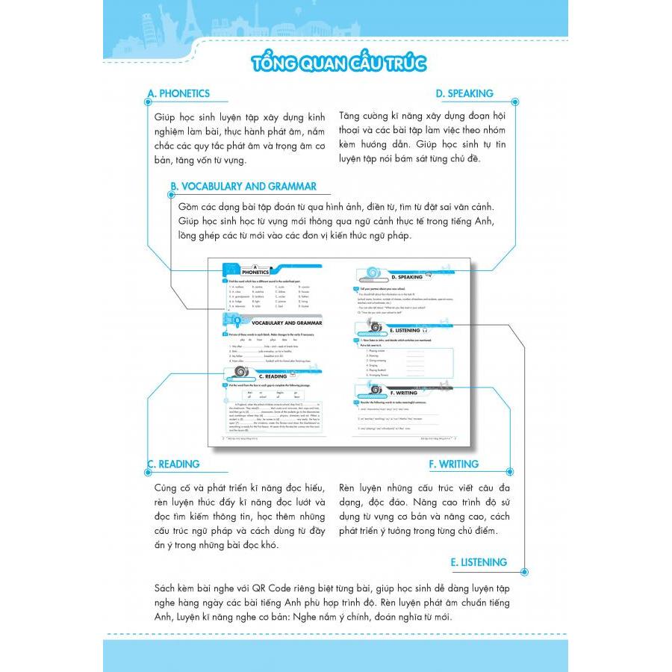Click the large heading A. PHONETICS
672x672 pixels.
pyautogui.click(x=178, y=93)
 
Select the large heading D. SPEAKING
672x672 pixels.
pyautogui.click(x=464, y=93)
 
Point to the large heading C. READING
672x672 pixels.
pyautogui.click(x=173, y=464)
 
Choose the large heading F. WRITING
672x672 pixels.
pyautogui.click(x=453, y=464)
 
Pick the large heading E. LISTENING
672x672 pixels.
pyautogui.click(x=479, y=562)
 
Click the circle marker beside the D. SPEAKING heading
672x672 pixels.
pyautogui.click(x=514, y=95)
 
